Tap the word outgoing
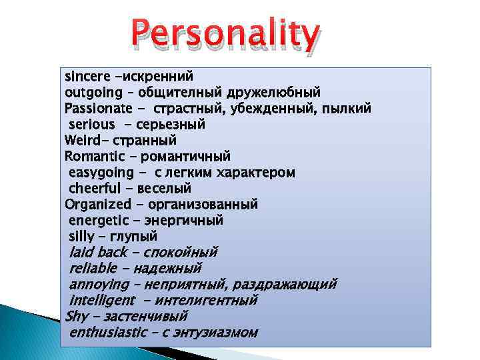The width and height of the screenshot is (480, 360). (93, 93)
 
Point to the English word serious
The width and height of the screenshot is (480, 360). (91, 125)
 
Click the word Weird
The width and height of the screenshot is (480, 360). (85, 141)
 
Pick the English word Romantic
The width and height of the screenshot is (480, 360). (93, 157)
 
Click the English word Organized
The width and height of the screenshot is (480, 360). (98, 205)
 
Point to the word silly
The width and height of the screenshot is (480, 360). (81, 237)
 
